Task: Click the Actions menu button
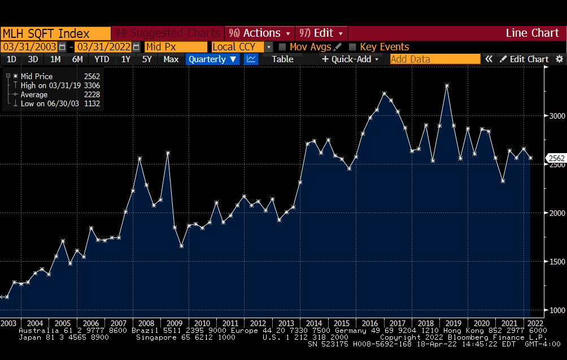pyautogui.click(x=260, y=33)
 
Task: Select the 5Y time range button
pyautogui.click(x=147, y=59)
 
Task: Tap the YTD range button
pyautogui.click(x=102, y=59)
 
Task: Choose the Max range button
pyautogui.click(x=171, y=59)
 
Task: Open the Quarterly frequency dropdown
pyautogui.click(x=213, y=59)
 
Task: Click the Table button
pyautogui.click(x=282, y=59)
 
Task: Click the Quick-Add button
pyautogui.click(x=351, y=59)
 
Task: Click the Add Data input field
pyautogui.click(x=435, y=59)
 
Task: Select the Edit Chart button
pyautogui.click(x=524, y=59)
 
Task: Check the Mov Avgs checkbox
pyautogui.click(x=283, y=47)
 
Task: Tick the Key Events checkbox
pyautogui.click(x=353, y=47)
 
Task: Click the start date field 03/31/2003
pyautogui.click(x=29, y=47)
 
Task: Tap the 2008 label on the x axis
pyautogui.click(x=146, y=323)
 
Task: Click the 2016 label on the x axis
pyautogui.click(x=370, y=323)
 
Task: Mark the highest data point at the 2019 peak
pyautogui.click(x=447, y=86)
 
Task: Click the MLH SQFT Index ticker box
pyautogui.click(x=55, y=33)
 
